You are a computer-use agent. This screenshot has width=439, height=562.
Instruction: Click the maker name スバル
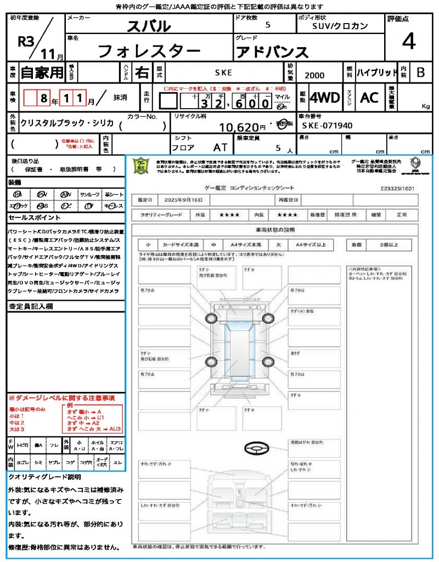point(149,26)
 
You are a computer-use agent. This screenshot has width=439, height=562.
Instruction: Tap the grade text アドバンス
point(272,52)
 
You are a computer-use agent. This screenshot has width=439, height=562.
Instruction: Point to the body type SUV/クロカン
point(340,26)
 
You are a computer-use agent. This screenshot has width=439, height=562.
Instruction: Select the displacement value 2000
point(314,76)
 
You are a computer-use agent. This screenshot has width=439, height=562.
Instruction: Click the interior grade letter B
point(420,72)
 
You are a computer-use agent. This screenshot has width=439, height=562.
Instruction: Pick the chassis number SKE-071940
point(327,126)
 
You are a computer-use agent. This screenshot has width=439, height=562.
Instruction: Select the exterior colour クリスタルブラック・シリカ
point(67,123)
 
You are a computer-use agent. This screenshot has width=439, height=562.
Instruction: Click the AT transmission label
point(220,147)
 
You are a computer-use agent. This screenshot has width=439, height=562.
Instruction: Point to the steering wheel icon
point(256,448)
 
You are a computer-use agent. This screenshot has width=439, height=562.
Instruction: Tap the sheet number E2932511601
point(397,188)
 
